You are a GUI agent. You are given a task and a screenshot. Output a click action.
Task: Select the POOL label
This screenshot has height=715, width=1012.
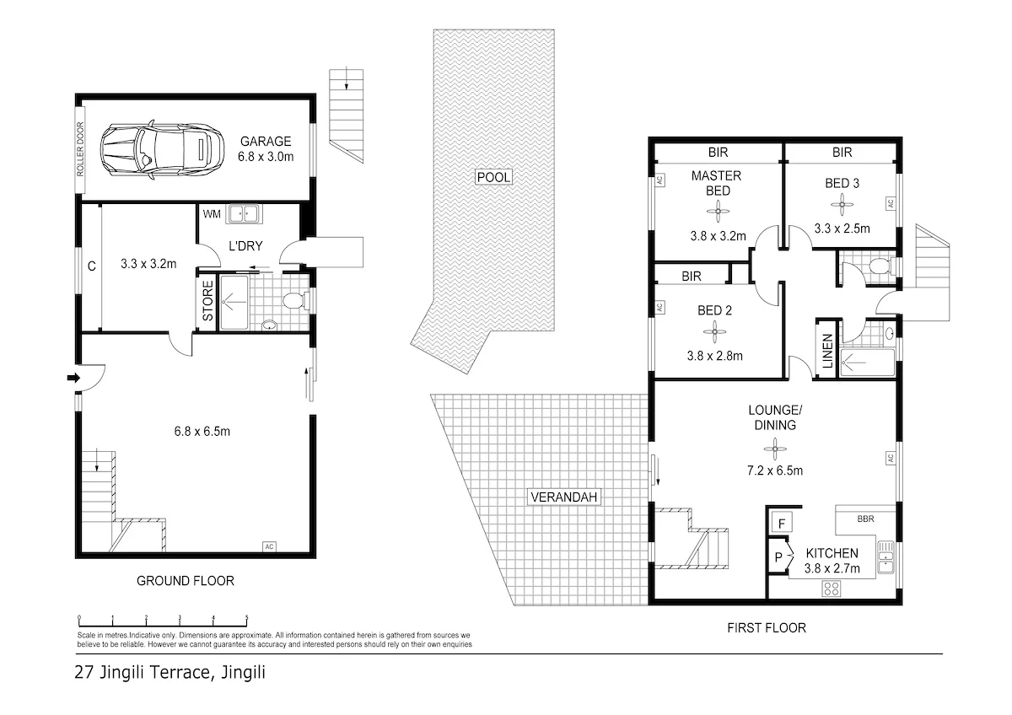pyautogui.click(x=493, y=177)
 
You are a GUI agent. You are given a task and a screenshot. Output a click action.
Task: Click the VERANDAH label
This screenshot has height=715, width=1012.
pyautogui.click(x=563, y=497)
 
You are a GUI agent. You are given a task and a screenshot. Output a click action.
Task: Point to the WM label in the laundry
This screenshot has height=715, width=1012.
pyautogui.click(x=211, y=215)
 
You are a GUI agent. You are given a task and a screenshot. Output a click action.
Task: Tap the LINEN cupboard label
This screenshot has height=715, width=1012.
pyautogui.click(x=827, y=350)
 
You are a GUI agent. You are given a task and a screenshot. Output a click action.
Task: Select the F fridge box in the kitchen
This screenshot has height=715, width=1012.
pyautogui.click(x=782, y=524)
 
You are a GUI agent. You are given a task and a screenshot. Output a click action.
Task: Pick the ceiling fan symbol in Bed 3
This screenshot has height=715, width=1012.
pyautogui.click(x=841, y=202)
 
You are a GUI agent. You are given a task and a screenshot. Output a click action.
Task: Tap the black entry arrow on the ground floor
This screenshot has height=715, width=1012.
pyautogui.click(x=73, y=378)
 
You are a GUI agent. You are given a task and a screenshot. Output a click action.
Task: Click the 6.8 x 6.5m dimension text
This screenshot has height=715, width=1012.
pyautogui.click(x=202, y=432)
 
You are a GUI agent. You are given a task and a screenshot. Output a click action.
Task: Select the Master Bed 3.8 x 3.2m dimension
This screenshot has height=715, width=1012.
pyautogui.click(x=718, y=236)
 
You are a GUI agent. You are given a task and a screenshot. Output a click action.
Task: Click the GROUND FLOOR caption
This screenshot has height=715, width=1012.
pyautogui.click(x=185, y=581)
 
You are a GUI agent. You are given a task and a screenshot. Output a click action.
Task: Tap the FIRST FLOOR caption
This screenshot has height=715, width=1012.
pyautogui.click(x=766, y=627)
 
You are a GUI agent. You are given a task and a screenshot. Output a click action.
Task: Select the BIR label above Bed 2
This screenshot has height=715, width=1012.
pyautogui.click(x=692, y=275)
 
